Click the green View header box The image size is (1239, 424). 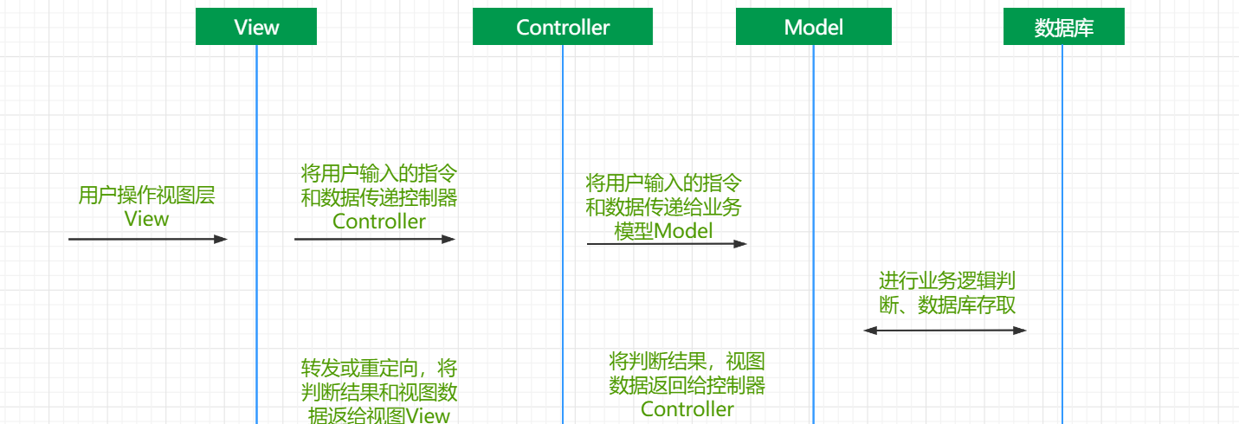pyautogui.click(x=256, y=26)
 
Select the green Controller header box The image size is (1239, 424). pyautogui.click(x=563, y=26)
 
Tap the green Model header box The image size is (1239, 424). pyautogui.click(x=814, y=26)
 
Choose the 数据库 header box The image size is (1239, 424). pyautogui.click(x=1063, y=26)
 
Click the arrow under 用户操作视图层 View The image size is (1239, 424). pyautogui.click(x=148, y=240)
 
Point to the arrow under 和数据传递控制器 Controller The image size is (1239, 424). pyautogui.click(x=374, y=240)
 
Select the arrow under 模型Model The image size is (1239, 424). pyautogui.click(x=667, y=244)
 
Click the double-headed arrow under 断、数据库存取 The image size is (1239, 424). pyautogui.click(x=945, y=331)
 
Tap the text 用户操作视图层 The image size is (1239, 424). pyautogui.click(x=146, y=196)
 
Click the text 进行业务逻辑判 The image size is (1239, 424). pyautogui.click(x=947, y=281)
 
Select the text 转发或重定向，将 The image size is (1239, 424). pyautogui.click(x=379, y=368)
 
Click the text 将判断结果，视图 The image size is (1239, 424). pyautogui.click(x=687, y=362)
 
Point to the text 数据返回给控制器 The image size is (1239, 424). pyautogui.click(x=687, y=385)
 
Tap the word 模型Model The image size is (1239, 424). pyautogui.click(x=663, y=231)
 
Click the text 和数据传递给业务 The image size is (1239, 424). pyautogui.click(x=663, y=208)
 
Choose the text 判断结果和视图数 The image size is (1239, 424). pyautogui.click(x=379, y=392)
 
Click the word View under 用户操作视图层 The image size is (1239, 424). pyautogui.click(x=146, y=219)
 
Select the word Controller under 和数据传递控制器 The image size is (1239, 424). pyautogui.click(x=379, y=222)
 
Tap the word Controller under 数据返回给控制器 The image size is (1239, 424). pyautogui.click(x=687, y=409)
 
